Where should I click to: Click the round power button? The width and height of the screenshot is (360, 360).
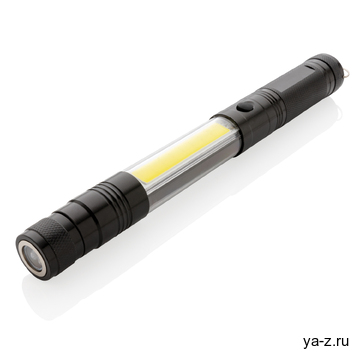(245, 109)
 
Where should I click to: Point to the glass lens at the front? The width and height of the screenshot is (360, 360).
(34, 258)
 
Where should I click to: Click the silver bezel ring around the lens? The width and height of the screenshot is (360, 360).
(31, 257)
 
